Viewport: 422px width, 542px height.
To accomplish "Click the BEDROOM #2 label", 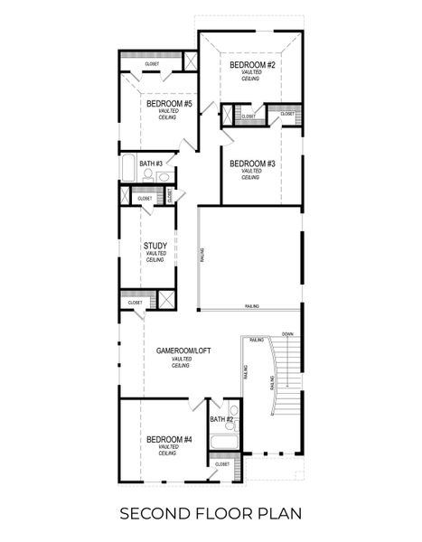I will click(251, 66).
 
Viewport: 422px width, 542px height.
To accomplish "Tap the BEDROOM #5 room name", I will click(169, 105).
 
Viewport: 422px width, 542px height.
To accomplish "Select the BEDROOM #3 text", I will click(251, 164).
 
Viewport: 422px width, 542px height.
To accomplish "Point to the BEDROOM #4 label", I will click(169, 439).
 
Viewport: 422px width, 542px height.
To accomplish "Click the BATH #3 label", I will click(151, 164).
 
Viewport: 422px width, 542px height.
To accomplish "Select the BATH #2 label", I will click(222, 419).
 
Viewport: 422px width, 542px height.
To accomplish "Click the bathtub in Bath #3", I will click(127, 169).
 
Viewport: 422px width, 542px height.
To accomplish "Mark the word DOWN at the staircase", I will click(287, 333).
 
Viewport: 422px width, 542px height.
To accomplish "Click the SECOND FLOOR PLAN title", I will click(211, 514).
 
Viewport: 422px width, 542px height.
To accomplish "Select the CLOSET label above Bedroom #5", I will click(152, 64).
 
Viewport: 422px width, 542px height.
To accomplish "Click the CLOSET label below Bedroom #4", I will click(222, 464).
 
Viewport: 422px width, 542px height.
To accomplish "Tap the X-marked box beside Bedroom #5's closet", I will click(191, 61).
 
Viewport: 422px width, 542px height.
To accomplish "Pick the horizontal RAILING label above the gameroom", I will click(252, 307).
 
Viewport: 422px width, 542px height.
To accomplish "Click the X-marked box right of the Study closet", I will click(167, 301).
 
